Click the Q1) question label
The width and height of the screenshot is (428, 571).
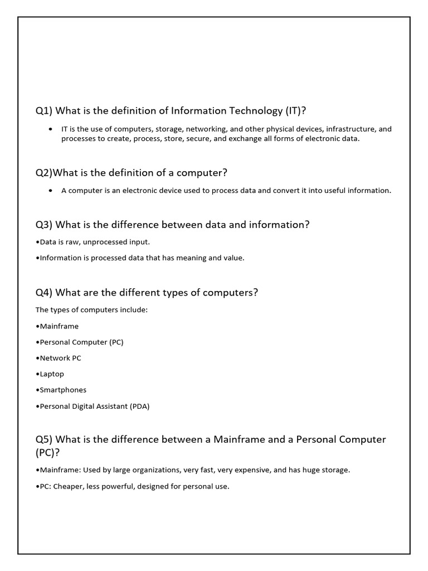coord(44,111)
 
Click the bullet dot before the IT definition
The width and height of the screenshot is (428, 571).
coord(51,129)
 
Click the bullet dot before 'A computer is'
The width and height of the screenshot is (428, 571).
coord(51,190)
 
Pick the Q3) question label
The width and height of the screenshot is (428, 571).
coord(44,225)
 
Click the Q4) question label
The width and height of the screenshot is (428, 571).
coord(44,293)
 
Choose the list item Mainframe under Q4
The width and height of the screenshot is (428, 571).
coord(59,326)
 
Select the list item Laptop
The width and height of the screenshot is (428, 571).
coord(52,374)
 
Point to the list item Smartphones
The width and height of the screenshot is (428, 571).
coord(63,390)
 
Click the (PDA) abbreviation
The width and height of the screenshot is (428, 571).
coord(139,406)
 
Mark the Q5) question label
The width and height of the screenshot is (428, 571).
coord(44,439)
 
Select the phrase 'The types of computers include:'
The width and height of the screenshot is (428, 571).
coord(91,310)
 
